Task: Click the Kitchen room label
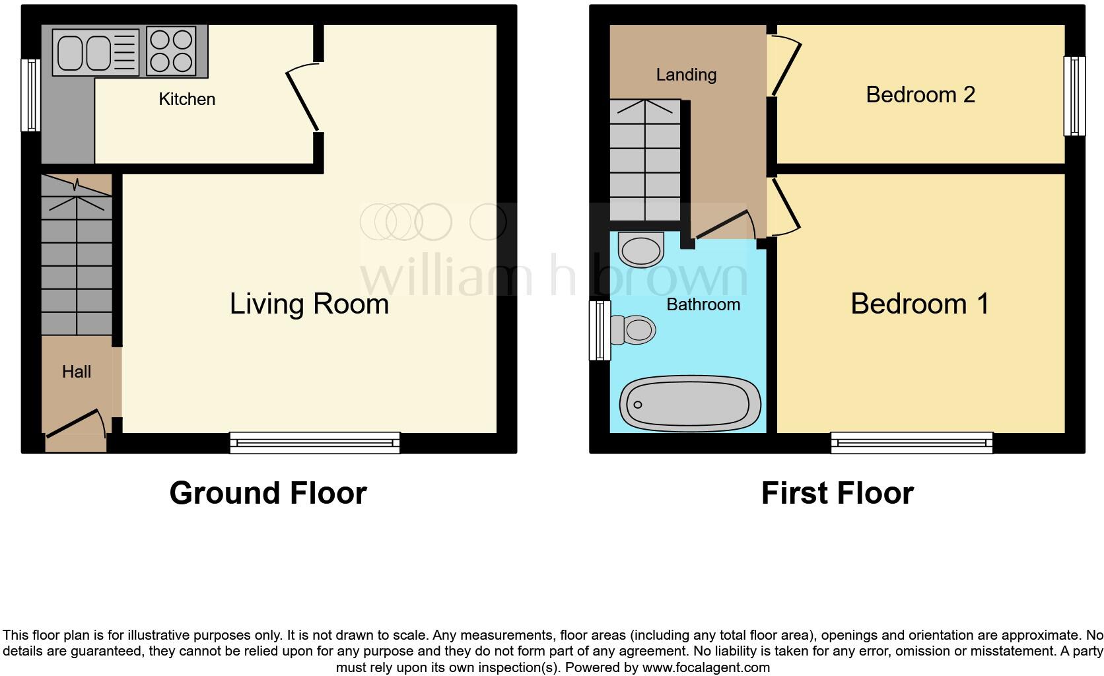[x=187, y=99]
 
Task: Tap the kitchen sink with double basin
[x=96, y=52]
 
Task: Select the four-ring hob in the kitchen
[x=171, y=51]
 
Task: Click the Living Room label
[x=309, y=304]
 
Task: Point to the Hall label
[x=77, y=372]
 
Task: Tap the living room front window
[x=315, y=442]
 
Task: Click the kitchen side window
[x=30, y=95]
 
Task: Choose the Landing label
[x=686, y=75]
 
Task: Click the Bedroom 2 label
[x=920, y=94]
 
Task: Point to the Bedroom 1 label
[x=919, y=304]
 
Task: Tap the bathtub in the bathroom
[x=690, y=404]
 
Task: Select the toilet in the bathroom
[x=633, y=329]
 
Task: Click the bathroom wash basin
[x=641, y=250]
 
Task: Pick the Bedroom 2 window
[x=1074, y=96]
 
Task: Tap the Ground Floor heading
[x=267, y=493]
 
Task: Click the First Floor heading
[x=837, y=493]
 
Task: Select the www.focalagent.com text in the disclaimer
[x=706, y=667]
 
